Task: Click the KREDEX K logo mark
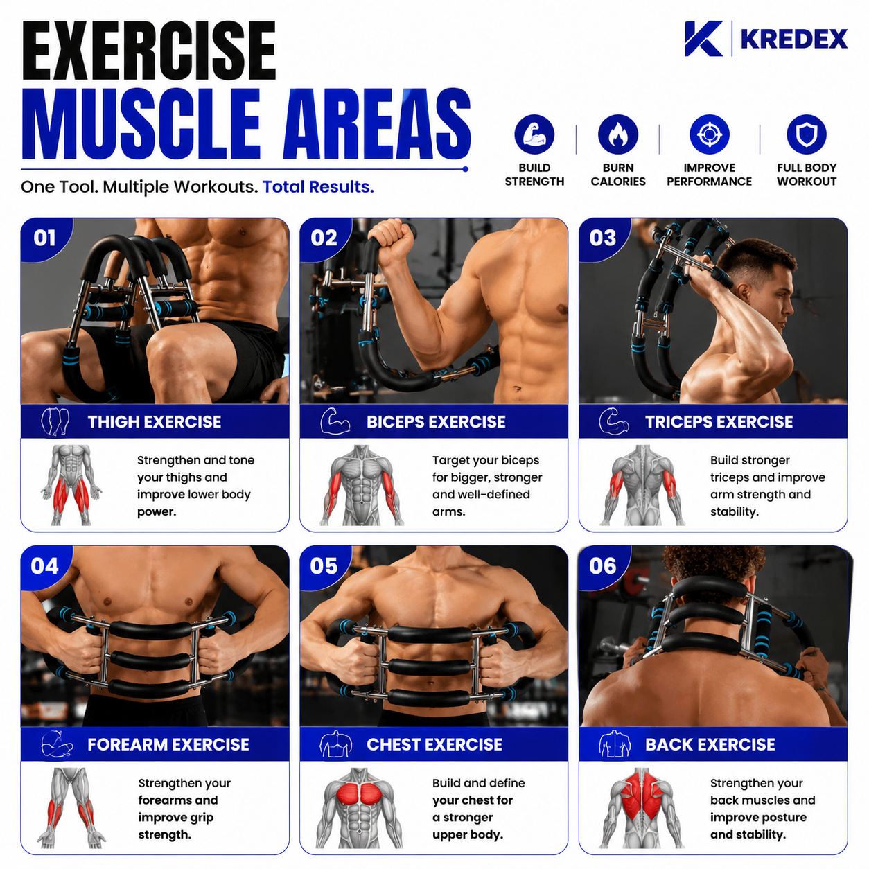pos(703,39)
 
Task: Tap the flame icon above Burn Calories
pos(618,134)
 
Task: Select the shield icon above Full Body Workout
pos(807,134)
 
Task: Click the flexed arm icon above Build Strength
pos(534,134)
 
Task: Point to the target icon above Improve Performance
pos(710,134)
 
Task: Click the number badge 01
pos(44,238)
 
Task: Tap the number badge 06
pos(602,566)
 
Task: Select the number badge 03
pos(602,238)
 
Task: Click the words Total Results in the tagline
pos(318,186)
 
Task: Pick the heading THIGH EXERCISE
pos(155,421)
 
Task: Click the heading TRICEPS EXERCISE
pos(719,421)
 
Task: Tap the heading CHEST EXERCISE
pos(434,744)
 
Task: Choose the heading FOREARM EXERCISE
pos(168,744)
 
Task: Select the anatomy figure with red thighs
pos(71,485)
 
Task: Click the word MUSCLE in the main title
pos(141,124)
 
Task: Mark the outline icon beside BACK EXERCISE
pos(615,744)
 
